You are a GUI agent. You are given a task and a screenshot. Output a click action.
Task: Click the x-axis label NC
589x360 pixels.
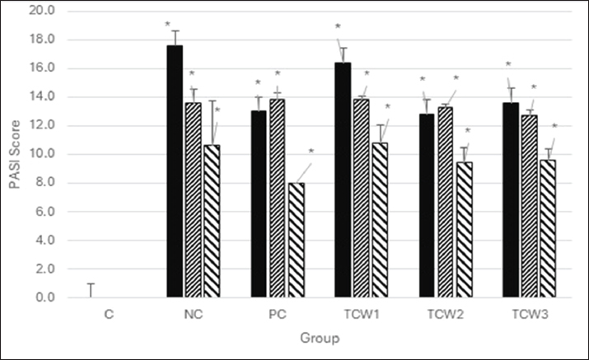194,315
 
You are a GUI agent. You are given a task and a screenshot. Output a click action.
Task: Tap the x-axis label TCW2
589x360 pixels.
445,315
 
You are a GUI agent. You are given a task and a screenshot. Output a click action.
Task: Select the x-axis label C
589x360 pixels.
110,315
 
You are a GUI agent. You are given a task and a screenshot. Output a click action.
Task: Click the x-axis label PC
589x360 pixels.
278,315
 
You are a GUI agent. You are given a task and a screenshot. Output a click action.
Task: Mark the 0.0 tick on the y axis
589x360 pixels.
46,297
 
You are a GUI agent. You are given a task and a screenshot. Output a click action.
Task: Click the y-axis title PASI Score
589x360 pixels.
14,155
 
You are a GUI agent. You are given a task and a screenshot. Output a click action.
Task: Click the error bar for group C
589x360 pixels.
91,290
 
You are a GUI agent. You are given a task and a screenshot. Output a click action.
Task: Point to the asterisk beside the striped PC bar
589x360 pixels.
311,152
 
